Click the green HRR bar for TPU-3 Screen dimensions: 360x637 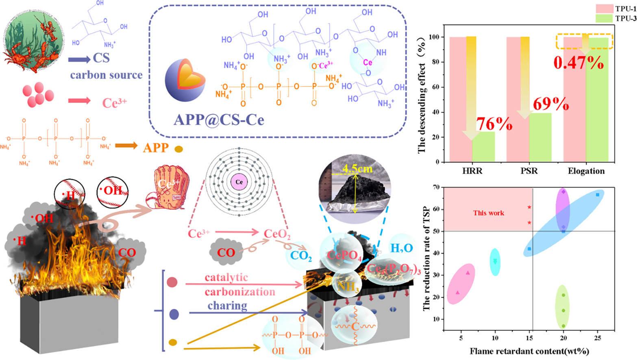pos(483,146)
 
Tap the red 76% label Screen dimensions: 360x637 pos(494,124)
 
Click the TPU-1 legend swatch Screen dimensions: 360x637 pos(604,9)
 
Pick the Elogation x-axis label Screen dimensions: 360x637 pos(586,171)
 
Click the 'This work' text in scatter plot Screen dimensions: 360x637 pos(488,213)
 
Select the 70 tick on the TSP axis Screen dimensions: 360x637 pos(437,187)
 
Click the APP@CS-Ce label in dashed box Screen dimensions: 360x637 pos(219,119)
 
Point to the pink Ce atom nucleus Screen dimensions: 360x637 pos(239,182)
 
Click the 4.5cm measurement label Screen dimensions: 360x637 pos(357,168)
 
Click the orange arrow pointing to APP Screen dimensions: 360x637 pos(126,146)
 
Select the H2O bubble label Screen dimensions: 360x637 pos(401,247)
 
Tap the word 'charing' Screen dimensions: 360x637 pos(227,306)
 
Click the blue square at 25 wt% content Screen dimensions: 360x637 pos(598,195)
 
